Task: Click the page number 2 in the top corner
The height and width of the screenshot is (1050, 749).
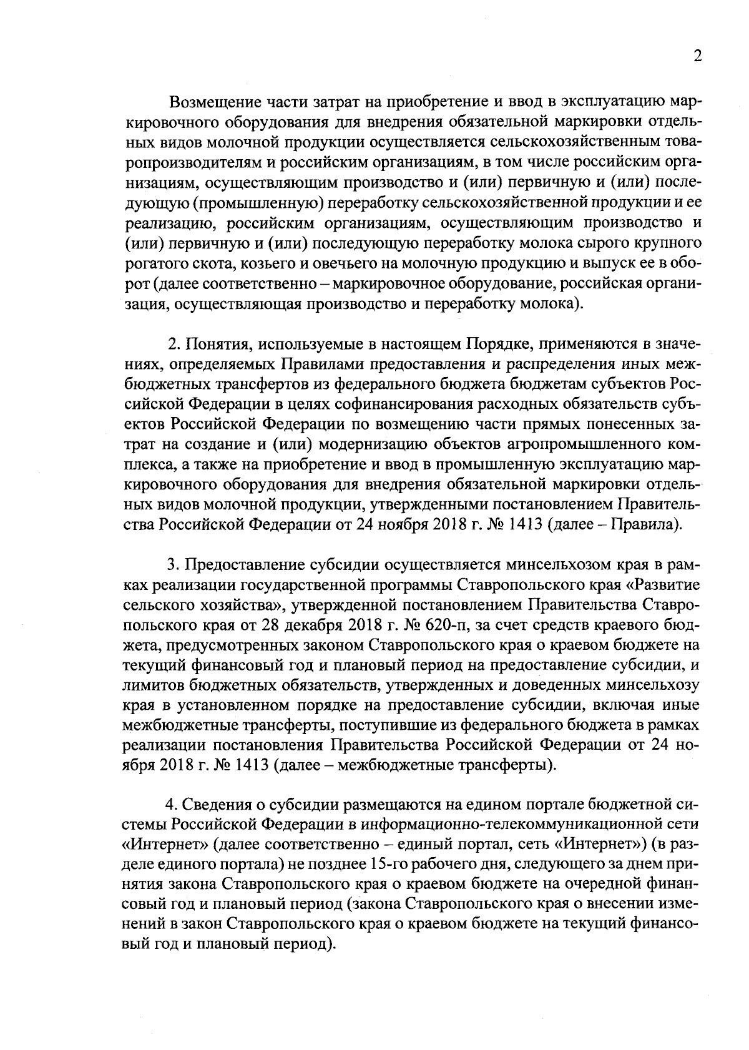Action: point(697,56)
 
